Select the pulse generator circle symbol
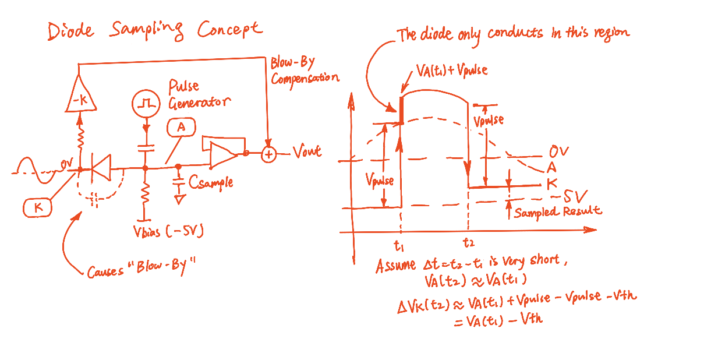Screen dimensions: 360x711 [x=146, y=104]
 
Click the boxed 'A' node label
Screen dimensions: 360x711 [x=181, y=127]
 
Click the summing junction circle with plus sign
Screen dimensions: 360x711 [x=269, y=154]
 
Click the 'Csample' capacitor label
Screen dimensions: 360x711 [x=211, y=182]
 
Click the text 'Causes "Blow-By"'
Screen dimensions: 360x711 [x=142, y=270]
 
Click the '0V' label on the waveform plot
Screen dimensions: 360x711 [x=558, y=153]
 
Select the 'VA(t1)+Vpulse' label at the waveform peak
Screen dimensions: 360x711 [x=452, y=70]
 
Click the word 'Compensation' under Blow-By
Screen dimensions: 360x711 [x=305, y=77]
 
